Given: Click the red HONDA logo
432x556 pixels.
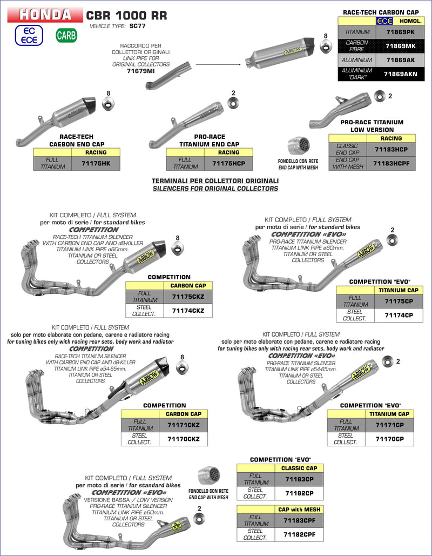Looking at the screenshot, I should click(45, 15).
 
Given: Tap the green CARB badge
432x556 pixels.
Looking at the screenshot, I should click(66, 36).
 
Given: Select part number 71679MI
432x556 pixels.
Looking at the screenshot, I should click(140, 71).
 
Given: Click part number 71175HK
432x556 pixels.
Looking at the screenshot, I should click(95, 163).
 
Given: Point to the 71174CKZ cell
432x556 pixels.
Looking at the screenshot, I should click(188, 311).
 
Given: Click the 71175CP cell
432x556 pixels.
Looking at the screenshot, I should click(399, 301).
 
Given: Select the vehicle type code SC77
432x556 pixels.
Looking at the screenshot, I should click(138, 26).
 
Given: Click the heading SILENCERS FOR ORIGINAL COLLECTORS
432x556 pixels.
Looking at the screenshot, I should click(215, 189).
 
